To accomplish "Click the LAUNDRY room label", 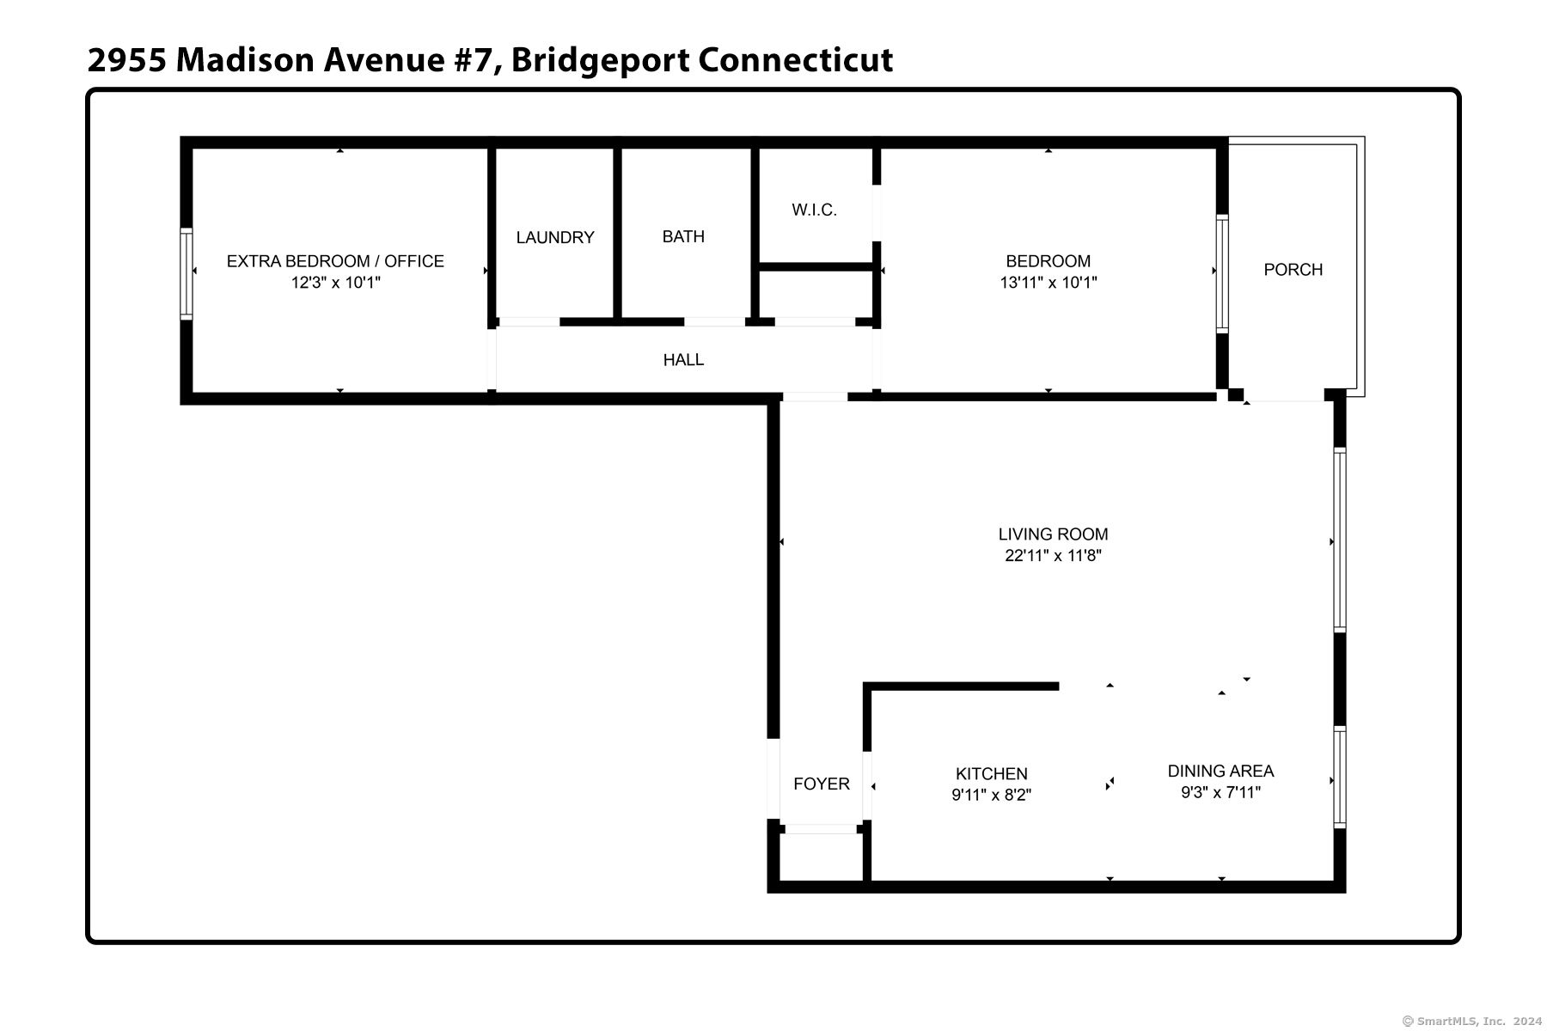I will [555, 237].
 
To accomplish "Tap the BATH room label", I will [683, 236].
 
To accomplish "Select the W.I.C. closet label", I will [814, 210].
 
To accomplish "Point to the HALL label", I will [683, 360].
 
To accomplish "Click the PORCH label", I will [1293, 270].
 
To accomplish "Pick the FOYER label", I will [821, 784].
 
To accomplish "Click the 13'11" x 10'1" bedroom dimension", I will [1048, 283].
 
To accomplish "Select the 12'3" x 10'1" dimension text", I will [335, 283].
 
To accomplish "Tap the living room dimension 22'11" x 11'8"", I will [1053, 556].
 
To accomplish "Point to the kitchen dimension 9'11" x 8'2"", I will [991, 796].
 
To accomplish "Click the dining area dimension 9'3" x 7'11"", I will [1220, 793].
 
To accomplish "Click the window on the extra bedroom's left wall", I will [186, 273].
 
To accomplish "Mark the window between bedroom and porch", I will [1221, 273].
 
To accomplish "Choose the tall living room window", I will [1339, 540].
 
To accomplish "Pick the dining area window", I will [1339, 777].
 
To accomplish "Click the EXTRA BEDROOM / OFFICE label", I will [335, 261].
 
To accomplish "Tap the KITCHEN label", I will [991, 774].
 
